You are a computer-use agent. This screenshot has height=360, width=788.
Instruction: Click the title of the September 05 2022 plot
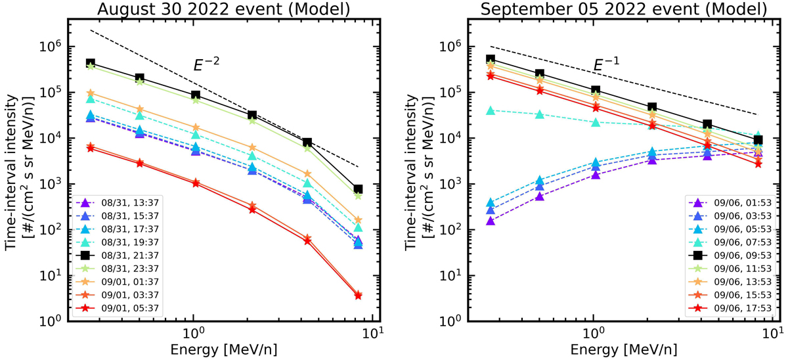(x=623, y=9)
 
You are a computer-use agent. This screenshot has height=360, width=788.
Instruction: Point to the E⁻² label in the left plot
(x=206, y=65)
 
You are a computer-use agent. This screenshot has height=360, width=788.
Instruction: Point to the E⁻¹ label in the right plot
(x=607, y=64)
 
